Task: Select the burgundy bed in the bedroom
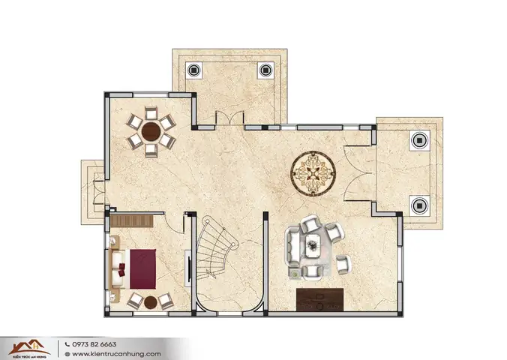[x=142, y=269]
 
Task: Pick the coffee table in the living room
[x=313, y=241]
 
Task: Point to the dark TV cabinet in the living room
[x=319, y=299]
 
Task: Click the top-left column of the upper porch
[x=193, y=70]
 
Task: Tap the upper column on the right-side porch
[x=418, y=140]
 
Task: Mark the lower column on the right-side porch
[x=418, y=203]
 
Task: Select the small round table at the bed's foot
[x=150, y=302]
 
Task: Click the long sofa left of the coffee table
[x=292, y=245]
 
